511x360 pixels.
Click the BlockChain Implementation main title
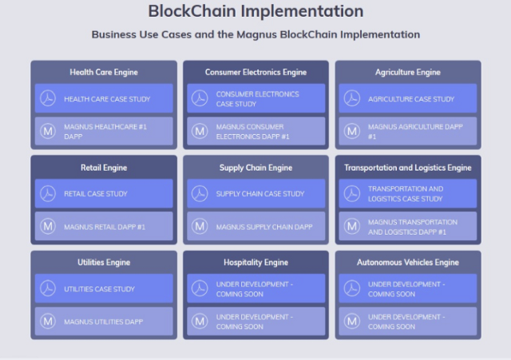[255, 11]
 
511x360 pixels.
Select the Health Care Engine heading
[104, 73]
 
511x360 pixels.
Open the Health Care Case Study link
[104, 98]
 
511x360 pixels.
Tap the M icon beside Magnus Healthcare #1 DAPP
[48, 131]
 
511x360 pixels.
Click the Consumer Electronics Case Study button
[256, 98]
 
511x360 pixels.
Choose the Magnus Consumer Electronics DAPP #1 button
[256, 131]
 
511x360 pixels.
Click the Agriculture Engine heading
[408, 73]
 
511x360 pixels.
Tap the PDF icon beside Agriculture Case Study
[352, 98]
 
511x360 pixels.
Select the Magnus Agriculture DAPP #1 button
[408, 131]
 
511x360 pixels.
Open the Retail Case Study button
[104, 193]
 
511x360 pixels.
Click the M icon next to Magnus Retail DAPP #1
[48, 226]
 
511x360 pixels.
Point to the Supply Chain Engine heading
[255, 168]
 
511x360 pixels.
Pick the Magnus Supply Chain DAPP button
[256, 226]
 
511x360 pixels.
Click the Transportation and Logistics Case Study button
[408, 193]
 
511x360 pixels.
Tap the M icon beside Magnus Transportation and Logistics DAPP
[352, 226]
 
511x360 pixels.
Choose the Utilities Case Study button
[104, 288]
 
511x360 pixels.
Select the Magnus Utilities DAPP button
[104, 321]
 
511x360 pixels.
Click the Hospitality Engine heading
[255, 263]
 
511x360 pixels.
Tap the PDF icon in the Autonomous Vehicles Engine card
[352, 288]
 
